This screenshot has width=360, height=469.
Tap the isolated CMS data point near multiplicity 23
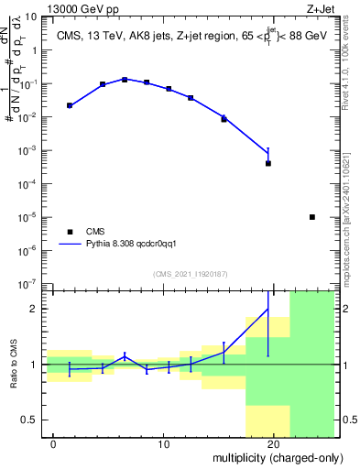pos(312,217)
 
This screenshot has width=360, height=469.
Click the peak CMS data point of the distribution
pos(125,80)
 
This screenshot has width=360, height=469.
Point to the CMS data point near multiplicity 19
pos(268,163)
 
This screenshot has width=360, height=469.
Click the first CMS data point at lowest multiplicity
pos(70,105)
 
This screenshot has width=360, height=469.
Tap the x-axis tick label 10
pos(163,444)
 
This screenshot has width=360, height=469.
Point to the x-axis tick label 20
pos(273,444)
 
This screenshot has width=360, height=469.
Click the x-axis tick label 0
pos(53,444)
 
